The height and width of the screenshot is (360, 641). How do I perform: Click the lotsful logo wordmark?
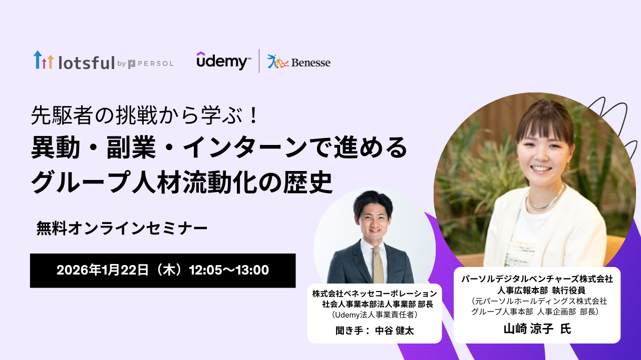pyautogui.click(x=87, y=62)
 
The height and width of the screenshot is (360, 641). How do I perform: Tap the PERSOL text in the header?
pyautogui.click(x=156, y=63)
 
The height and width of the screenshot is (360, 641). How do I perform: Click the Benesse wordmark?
pyautogui.click(x=311, y=62)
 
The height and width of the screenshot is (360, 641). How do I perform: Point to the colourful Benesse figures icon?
pyautogui.click(x=278, y=61)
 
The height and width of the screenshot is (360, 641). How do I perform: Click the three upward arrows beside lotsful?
pyautogui.click(x=44, y=59)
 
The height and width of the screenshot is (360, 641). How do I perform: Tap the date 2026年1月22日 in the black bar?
pyautogui.click(x=103, y=270)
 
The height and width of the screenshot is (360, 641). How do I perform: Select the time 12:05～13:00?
pyautogui.click(x=229, y=270)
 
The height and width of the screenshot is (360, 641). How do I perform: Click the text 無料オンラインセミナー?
pyautogui.click(x=122, y=228)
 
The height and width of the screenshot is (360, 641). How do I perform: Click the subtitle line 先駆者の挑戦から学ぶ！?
pyautogui.click(x=145, y=115)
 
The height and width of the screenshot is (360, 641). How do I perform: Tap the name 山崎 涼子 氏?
pyautogui.click(x=537, y=329)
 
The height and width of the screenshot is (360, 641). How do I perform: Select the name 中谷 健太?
pyautogui.click(x=394, y=330)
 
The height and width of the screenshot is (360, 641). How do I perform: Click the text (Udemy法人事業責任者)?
pyautogui.click(x=375, y=314)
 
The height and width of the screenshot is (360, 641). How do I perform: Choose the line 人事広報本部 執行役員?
pyautogui.click(x=537, y=290)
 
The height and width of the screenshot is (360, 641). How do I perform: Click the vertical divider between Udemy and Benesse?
pyautogui.click(x=259, y=61)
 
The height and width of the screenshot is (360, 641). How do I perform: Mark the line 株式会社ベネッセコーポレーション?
pyautogui.click(x=375, y=293)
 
